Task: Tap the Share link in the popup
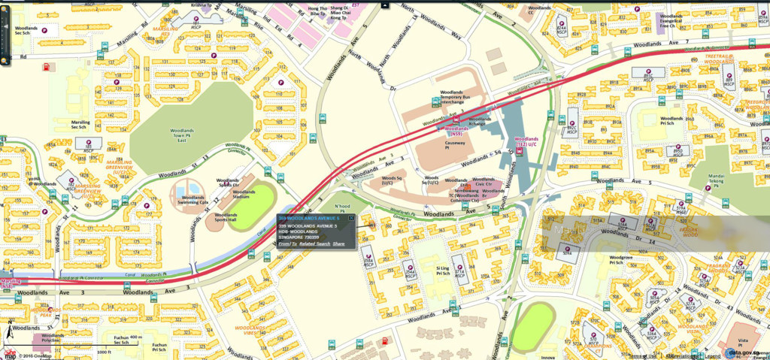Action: (339, 244)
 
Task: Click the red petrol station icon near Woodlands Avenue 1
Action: (386, 341)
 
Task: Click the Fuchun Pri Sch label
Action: (158, 346)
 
